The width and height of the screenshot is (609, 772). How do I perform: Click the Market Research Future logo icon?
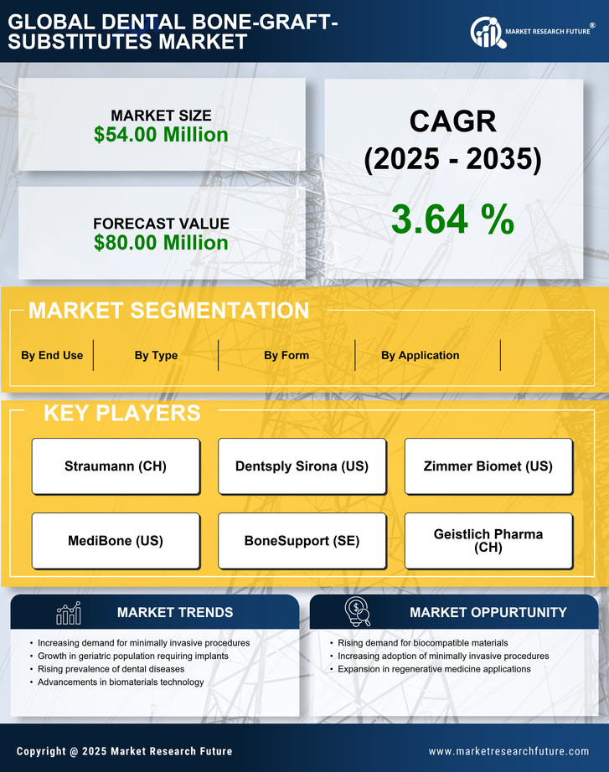(x=486, y=32)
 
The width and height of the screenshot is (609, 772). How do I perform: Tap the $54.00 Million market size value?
(x=161, y=135)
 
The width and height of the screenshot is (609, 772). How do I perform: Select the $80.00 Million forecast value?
(x=161, y=243)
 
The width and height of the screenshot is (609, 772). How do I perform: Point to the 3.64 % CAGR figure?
(x=452, y=220)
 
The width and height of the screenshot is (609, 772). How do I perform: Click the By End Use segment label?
(x=52, y=355)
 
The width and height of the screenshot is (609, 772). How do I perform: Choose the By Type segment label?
(x=156, y=355)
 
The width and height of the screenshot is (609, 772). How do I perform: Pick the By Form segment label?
(x=286, y=355)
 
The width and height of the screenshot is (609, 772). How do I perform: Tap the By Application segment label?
(x=420, y=355)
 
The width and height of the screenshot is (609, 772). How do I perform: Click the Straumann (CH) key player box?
(x=116, y=466)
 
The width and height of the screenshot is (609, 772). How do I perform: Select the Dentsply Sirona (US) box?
(x=302, y=466)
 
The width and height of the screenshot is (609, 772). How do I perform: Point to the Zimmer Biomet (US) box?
(x=488, y=466)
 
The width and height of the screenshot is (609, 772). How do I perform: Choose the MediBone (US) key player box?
(x=116, y=541)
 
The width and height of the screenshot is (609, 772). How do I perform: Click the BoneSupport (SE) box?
(x=302, y=541)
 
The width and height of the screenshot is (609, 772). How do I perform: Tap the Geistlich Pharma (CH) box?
(x=488, y=541)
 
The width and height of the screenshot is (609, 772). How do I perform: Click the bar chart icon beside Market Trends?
(x=68, y=613)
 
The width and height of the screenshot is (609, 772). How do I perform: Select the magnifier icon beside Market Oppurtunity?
(x=358, y=612)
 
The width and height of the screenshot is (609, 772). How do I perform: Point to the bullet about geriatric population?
(x=132, y=656)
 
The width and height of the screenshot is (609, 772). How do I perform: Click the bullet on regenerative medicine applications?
(x=434, y=669)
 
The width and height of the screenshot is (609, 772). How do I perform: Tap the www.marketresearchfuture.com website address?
(x=508, y=751)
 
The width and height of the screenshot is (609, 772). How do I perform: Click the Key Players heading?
(x=121, y=413)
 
